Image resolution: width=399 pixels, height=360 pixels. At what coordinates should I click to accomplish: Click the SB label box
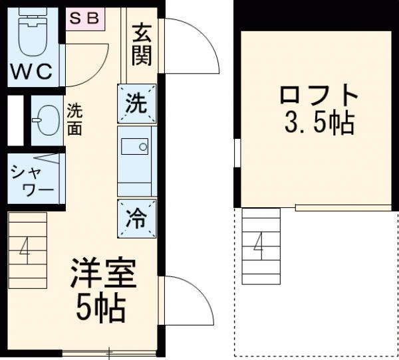85,18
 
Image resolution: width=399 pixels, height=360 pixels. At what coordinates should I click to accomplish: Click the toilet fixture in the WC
30,37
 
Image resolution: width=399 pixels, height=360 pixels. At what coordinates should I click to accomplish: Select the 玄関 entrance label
141,45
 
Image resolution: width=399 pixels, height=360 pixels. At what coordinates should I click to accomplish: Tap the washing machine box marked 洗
137,104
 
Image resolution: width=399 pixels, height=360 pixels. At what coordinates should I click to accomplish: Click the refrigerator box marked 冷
137,217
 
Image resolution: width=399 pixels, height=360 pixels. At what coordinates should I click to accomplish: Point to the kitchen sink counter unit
137,160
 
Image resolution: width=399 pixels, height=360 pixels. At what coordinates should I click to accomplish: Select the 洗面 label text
75,119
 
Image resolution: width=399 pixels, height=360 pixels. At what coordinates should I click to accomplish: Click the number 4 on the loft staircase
258,246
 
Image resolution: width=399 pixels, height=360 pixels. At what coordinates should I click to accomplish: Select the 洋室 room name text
103,274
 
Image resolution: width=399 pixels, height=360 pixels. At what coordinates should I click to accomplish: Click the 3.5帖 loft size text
318,123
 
